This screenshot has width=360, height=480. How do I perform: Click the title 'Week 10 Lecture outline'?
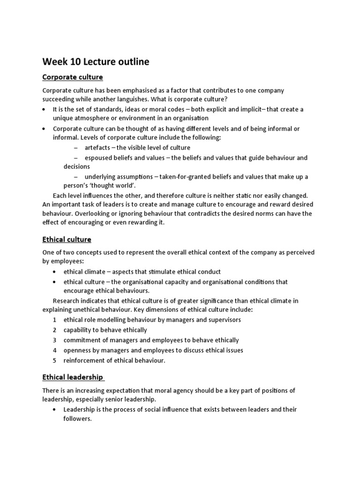[96, 61]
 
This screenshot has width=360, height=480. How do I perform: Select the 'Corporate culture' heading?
[72, 76]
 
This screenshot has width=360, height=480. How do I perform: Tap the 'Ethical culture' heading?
[67, 240]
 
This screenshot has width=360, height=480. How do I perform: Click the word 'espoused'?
[99, 158]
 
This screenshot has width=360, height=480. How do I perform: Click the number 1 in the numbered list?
[55, 320]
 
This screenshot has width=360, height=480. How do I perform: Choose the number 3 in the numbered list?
[55, 340]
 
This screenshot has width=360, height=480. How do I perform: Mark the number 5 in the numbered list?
[55, 360]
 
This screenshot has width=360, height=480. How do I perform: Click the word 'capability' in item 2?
[79, 330]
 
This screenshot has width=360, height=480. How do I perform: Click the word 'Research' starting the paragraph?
[67, 300]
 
